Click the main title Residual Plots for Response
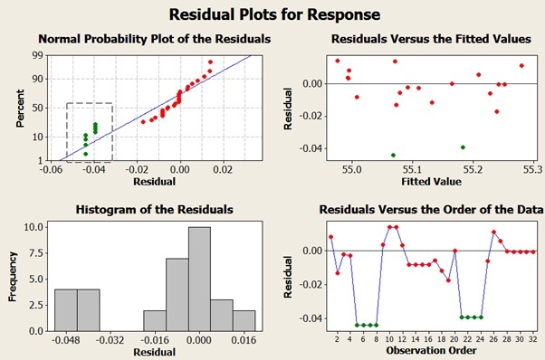pyautogui.click(x=272, y=14)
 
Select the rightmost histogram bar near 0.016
pyautogui.click(x=244, y=320)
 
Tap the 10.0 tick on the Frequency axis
pyautogui.click(x=30, y=227)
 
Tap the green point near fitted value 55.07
pyautogui.click(x=393, y=155)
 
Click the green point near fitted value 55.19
pyautogui.click(x=463, y=147)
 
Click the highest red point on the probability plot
pyautogui.click(x=210, y=62)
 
